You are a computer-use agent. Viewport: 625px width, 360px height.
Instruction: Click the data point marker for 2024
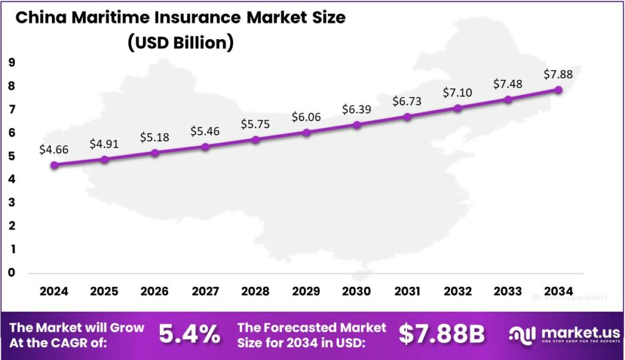tap(54, 165)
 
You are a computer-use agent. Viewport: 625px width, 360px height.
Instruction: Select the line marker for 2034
tap(558, 90)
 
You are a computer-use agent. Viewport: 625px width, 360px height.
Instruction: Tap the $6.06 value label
tap(306, 116)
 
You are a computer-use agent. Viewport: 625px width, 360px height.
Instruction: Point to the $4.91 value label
tap(105, 144)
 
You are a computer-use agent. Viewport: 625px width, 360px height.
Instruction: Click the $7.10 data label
tap(458, 92)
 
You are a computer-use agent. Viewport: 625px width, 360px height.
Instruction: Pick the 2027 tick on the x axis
tap(206, 291)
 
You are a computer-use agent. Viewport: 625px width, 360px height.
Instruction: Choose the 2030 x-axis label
tap(356, 291)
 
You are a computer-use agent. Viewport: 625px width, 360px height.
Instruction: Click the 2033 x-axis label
tap(508, 291)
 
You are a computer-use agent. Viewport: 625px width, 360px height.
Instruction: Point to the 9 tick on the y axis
tap(12, 63)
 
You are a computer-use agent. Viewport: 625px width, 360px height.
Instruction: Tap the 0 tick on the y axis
tap(12, 272)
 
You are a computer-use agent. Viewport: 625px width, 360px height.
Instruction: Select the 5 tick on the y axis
tap(12, 156)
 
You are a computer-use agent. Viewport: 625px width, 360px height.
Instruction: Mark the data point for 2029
tap(306, 132)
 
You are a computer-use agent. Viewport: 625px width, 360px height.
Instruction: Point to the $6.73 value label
tap(407, 100)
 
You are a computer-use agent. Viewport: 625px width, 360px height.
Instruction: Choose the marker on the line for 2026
tap(155, 153)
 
